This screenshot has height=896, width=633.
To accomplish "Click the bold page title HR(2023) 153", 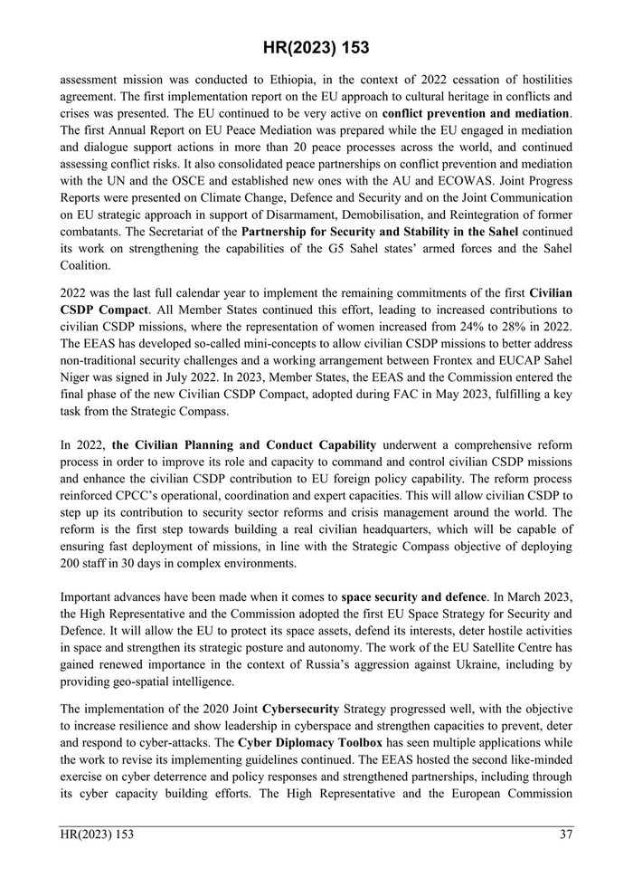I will coord(316,47).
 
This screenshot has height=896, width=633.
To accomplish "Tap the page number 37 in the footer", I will coord(565,834).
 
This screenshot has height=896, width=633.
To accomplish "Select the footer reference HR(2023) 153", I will coord(97,834).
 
